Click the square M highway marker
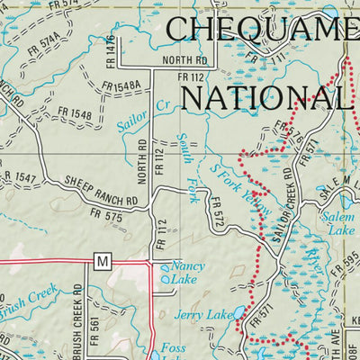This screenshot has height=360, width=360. [102, 261]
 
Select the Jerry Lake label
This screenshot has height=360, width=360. [198, 317]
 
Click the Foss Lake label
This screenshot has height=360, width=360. [173, 349]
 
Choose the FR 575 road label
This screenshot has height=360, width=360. [107, 215]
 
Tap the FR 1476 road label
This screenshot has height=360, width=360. [112, 52]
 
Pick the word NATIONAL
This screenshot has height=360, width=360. [263, 93]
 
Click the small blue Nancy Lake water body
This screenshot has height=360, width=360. [165, 281]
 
